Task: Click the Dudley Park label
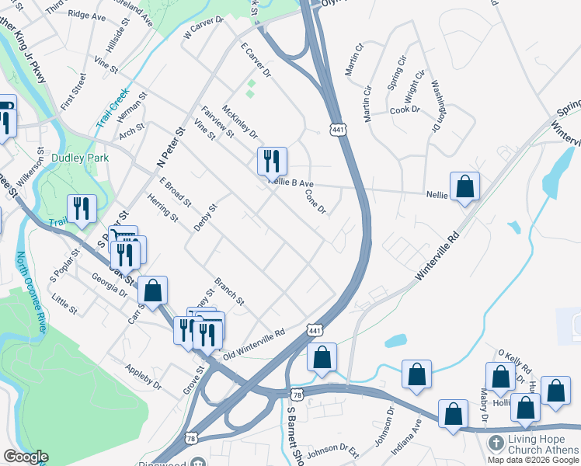[x=80, y=158]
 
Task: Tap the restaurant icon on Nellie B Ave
[x=272, y=161]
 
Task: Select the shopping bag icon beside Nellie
[x=464, y=186]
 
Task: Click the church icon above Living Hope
[x=495, y=443]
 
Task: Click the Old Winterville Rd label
[x=254, y=343]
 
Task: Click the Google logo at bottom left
[x=25, y=457]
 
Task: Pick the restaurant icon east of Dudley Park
[x=82, y=208]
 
